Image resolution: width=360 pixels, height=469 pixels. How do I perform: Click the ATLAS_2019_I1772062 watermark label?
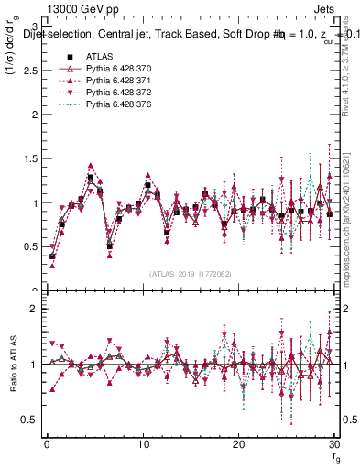click(x=191, y=274)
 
